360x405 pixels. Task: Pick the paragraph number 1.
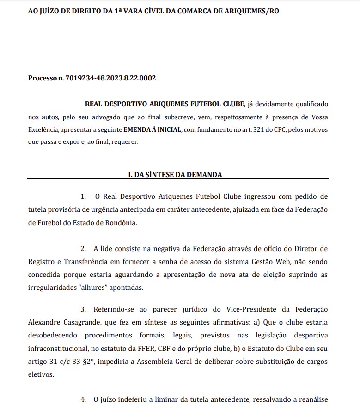pyautogui.click(x=83, y=196)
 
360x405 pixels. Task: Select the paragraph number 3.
pyautogui.click(x=83, y=308)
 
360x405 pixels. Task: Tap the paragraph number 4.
pyautogui.click(x=83, y=399)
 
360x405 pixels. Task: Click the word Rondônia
pyautogui.click(x=122, y=222)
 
